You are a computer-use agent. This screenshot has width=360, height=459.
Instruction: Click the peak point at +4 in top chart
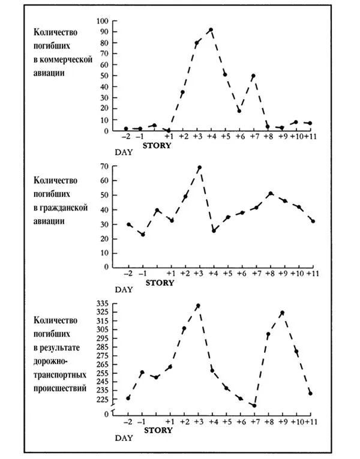pos(211,29)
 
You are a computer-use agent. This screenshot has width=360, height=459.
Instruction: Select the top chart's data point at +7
pos(253,76)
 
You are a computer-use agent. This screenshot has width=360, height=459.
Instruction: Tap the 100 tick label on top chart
pos(102,21)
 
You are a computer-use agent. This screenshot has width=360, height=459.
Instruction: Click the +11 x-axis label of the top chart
pos(310,137)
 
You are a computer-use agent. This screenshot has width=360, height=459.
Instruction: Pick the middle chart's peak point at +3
pos(200,167)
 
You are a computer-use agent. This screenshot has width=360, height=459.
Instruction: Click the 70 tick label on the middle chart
pos(105,166)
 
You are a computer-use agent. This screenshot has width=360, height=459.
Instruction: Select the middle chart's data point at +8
pos(271,193)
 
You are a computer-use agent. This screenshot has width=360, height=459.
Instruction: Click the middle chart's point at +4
pos(214,230)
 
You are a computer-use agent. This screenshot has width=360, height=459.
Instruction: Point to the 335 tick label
pos(102,303)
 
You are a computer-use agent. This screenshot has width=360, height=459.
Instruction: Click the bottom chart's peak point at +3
pos(198,305)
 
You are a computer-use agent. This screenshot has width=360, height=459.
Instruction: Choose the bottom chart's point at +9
pos(283,313)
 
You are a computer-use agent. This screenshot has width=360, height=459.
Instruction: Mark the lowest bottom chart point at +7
pos(254,406)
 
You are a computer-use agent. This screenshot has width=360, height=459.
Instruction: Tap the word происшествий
pos(60,388)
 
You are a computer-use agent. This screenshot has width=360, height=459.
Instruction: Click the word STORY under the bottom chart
pos(158,430)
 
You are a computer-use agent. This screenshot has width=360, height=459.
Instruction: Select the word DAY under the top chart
pos(124,152)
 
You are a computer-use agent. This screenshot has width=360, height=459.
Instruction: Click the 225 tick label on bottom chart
pos(102,399)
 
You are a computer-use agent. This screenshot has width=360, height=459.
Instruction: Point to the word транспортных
pos(60,375)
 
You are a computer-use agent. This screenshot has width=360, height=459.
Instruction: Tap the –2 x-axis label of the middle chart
pos(128,274)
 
